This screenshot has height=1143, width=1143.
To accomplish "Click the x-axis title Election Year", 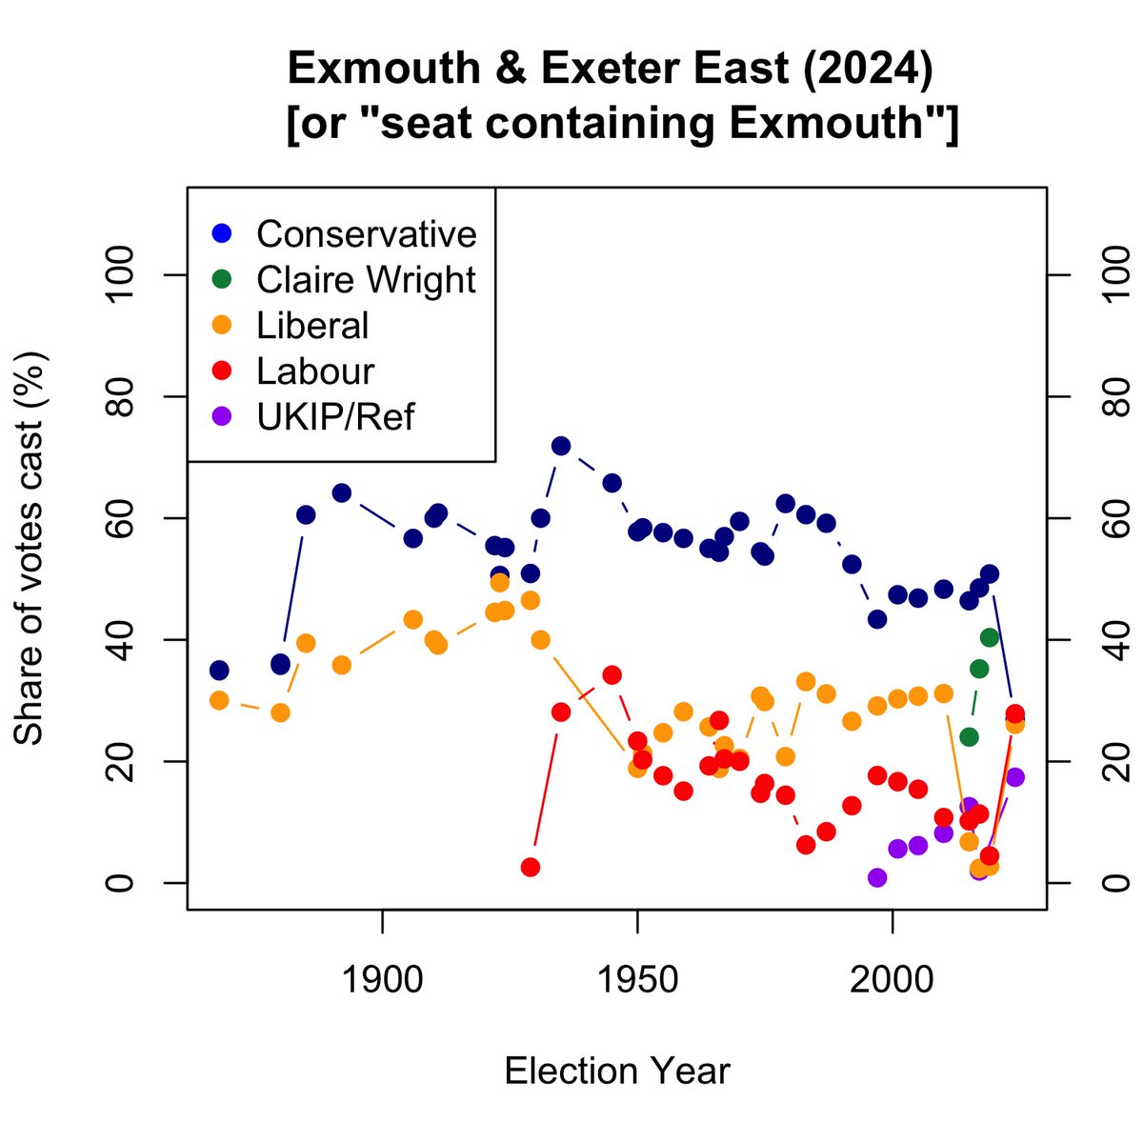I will [x=617, y=1071].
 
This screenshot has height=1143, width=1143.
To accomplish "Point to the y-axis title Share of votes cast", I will [x=30, y=548].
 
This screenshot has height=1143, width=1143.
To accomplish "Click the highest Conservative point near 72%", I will [x=561, y=446].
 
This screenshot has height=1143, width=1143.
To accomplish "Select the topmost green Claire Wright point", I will [x=990, y=637].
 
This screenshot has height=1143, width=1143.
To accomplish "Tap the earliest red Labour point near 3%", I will [x=531, y=867].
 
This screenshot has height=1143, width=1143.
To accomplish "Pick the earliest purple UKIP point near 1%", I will [x=877, y=877].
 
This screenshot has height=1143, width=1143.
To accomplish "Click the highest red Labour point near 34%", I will [x=612, y=675].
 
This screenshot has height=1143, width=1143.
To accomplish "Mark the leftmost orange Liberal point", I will [x=219, y=700].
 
